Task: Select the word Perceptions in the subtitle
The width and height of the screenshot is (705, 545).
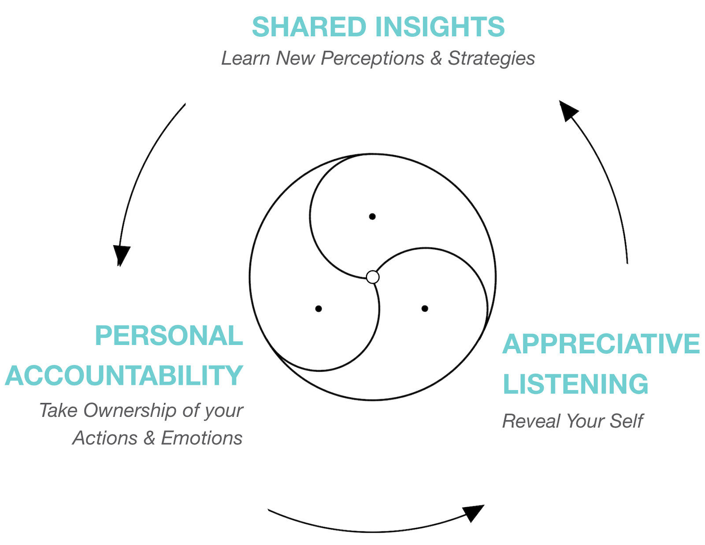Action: (x=372, y=58)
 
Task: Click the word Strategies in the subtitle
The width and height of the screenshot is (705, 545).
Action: (x=491, y=59)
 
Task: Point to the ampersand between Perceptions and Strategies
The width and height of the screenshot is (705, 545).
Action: (x=436, y=58)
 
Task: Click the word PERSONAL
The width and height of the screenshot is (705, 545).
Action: (x=169, y=336)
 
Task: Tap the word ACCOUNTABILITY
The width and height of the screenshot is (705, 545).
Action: (x=124, y=376)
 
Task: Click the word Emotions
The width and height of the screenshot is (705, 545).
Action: (x=201, y=438)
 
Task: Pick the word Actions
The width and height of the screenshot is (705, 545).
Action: (x=105, y=438)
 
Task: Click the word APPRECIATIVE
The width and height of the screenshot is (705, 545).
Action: (x=601, y=344)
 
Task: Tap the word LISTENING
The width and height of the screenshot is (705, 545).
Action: (x=575, y=384)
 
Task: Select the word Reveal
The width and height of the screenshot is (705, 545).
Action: (x=531, y=421)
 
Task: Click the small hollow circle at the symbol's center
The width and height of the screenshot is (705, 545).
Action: (x=373, y=277)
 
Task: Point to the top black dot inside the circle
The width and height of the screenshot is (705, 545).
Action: (x=372, y=217)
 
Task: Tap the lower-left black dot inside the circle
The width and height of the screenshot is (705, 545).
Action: (x=319, y=309)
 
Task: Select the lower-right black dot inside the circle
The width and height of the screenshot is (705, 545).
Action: (x=425, y=309)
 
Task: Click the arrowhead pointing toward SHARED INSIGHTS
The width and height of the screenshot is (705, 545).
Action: (x=567, y=109)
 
